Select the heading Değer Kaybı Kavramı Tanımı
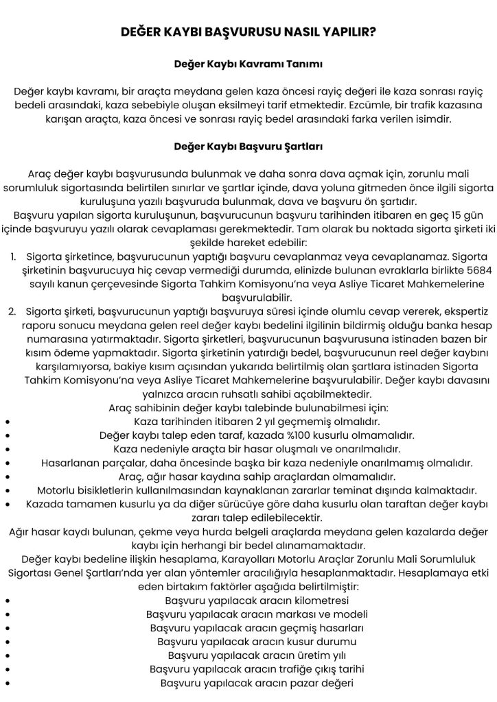(248, 64)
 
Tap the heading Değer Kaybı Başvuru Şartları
(248, 147)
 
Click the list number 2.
(13, 313)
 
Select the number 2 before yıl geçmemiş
(238, 421)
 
